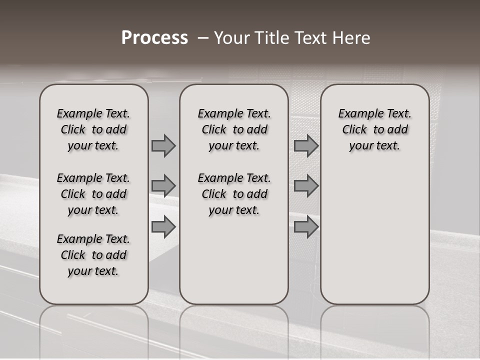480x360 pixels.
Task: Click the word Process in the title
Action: click(x=154, y=38)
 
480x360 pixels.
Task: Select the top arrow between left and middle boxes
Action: click(x=163, y=145)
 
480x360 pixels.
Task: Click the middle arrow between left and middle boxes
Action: click(x=163, y=186)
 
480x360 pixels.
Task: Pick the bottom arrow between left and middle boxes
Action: click(x=163, y=226)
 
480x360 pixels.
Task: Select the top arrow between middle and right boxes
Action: click(x=306, y=145)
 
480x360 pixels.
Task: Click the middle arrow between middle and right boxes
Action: click(x=306, y=186)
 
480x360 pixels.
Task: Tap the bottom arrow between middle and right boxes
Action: click(x=306, y=226)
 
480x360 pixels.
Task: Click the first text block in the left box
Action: click(x=93, y=129)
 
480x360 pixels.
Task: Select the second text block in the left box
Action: click(x=93, y=194)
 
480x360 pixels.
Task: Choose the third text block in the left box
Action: click(x=93, y=255)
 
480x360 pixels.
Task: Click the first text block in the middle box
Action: click(x=234, y=129)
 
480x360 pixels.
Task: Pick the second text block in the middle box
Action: click(x=234, y=194)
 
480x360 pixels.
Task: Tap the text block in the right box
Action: click(x=374, y=129)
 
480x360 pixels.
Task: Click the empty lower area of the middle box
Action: click(x=234, y=260)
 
